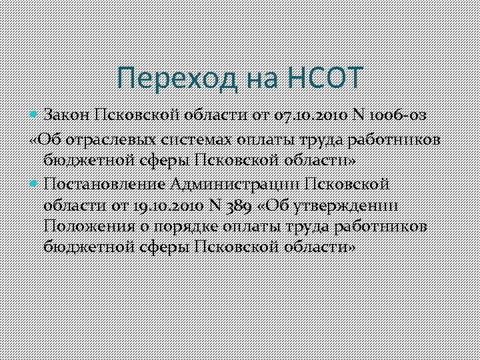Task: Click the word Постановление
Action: click(105, 183)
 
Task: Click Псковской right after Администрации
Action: click(347, 183)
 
